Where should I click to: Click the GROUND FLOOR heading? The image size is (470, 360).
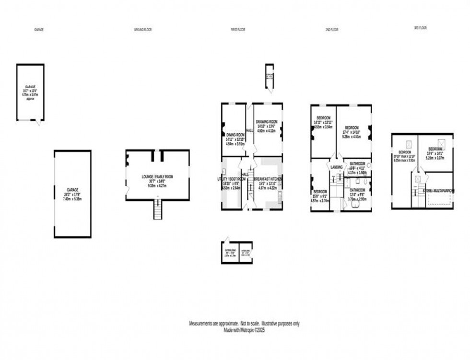click(143, 30)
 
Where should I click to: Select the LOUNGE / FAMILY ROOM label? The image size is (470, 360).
click(157, 177)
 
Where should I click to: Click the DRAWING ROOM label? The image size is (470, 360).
click(267, 121)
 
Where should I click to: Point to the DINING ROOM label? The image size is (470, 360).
click(235, 135)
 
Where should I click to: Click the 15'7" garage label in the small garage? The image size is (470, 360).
click(30, 91)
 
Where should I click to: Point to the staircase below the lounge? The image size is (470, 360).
click(157, 209)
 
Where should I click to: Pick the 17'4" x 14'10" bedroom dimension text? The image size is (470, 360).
click(353, 131)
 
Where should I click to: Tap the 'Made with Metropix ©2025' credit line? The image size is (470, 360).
click(244, 330)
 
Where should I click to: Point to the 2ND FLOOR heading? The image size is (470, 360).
click(331, 30)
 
